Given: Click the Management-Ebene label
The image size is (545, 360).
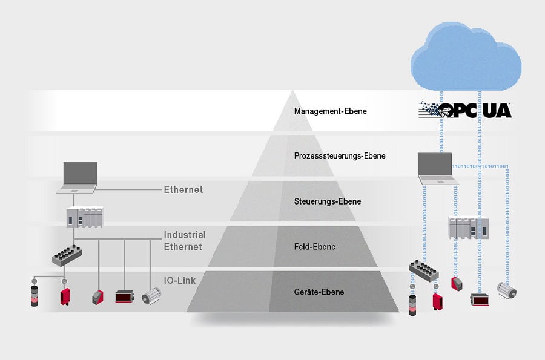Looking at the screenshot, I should pyautogui.click(x=330, y=111).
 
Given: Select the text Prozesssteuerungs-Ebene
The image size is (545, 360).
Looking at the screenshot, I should pyautogui.click(x=340, y=156).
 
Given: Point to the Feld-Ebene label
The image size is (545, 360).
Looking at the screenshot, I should pyautogui.click(x=314, y=247).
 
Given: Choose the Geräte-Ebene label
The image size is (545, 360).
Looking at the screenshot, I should pyautogui.click(x=319, y=292).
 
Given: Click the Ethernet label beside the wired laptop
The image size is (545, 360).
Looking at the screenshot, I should pyautogui.click(x=183, y=189).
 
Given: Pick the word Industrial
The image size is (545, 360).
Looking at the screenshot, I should pyautogui.click(x=185, y=235).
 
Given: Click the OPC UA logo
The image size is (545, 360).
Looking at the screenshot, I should pyautogui.click(x=465, y=110).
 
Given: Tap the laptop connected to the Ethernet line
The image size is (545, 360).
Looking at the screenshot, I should pyautogui.click(x=77, y=177).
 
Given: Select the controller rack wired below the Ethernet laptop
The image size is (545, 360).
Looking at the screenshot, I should pyautogui.click(x=85, y=217).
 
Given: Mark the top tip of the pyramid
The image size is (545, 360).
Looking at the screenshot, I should pyautogui.click(x=292, y=92).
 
